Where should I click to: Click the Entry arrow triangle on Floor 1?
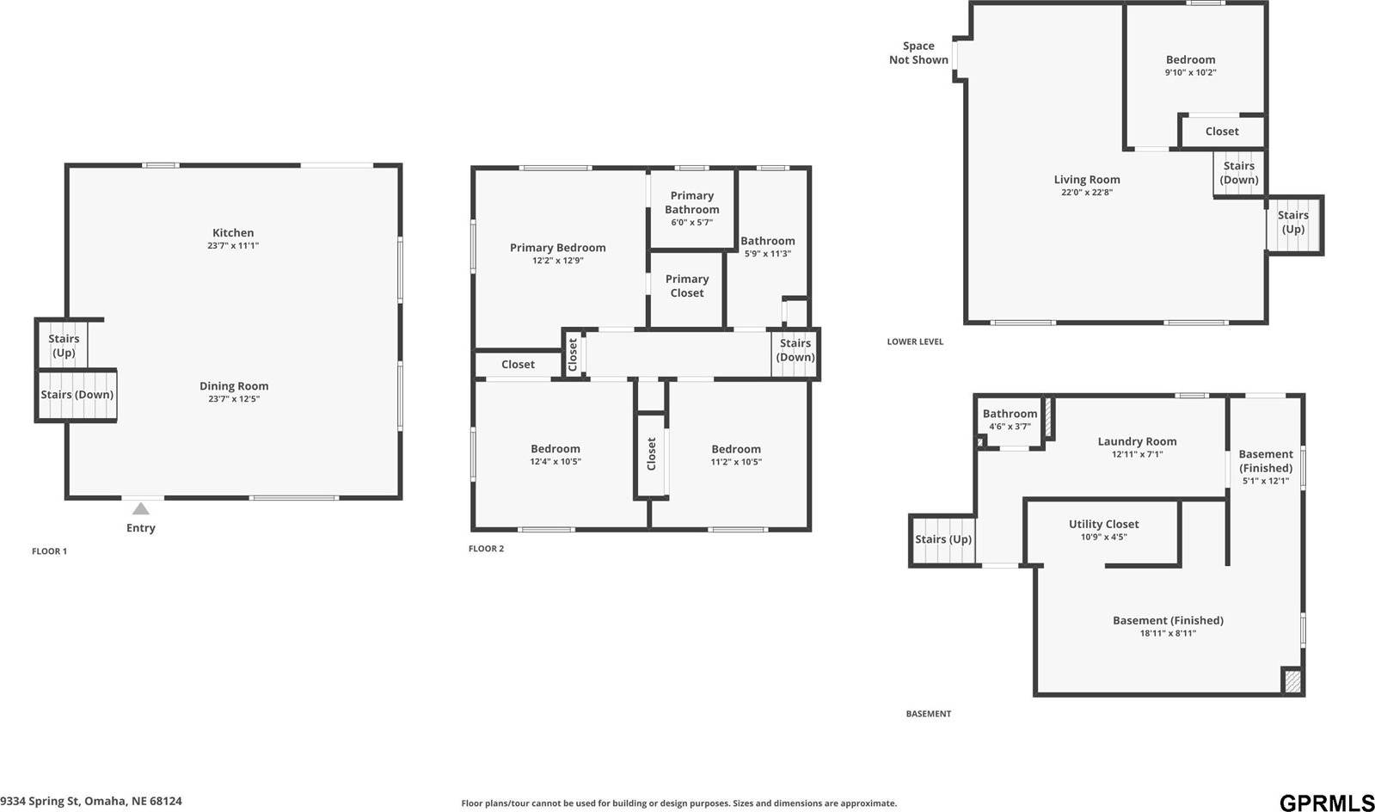pyautogui.click(x=140, y=509)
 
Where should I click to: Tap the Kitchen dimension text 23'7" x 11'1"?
pyautogui.click(x=233, y=246)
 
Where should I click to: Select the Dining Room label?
pyautogui.click(x=234, y=386)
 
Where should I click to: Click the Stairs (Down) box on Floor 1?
pyautogui.click(x=77, y=396)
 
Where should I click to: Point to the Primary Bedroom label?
pyautogui.click(x=557, y=248)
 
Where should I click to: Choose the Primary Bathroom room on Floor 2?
pyautogui.click(x=691, y=207)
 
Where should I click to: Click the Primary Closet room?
pyautogui.click(x=686, y=286)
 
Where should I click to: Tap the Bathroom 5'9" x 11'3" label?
pyautogui.click(x=767, y=247)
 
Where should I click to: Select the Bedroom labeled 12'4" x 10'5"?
pyautogui.click(x=555, y=454)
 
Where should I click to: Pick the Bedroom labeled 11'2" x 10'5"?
pyautogui.click(x=736, y=454)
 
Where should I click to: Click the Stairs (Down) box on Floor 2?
pyautogui.click(x=795, y=351)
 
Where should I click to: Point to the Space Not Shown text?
pyautogui.click(x=918, y=52)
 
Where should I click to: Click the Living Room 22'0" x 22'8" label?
pyautogui.click(x=1087, y=185)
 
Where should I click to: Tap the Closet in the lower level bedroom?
pyautogui.click(x=1221, y=132)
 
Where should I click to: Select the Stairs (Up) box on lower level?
pyautogui.click(x=1292, y=223)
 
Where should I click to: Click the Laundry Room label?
pyautogui.click(x=1137, y=441)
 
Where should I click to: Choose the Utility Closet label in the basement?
pyautogui.click(x=1103, y=524)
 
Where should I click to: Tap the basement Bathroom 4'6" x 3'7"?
pyautogui.click(x=1010, y=419)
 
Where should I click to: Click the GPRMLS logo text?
pyautogui.click(x=1326, y=802)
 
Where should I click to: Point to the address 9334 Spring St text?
pyautogui.click(x=91, y=801)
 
